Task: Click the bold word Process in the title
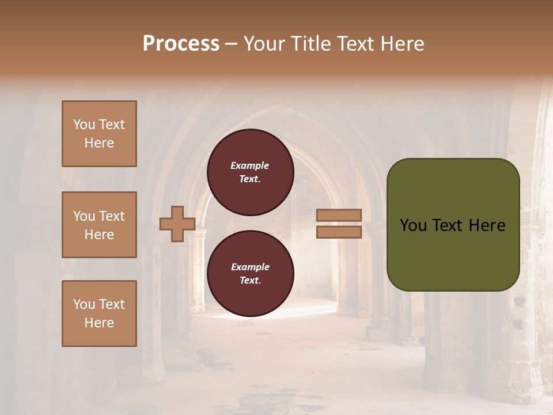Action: [181, 44]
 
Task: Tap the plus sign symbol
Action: [177, 224]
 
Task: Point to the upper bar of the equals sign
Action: [339, 215]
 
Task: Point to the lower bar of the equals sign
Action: [339, 232]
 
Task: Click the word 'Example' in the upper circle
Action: [250, 165]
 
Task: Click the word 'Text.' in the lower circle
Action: [250, 280]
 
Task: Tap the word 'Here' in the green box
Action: [487, 225]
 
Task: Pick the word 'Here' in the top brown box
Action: [99, 143]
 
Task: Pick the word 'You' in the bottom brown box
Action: [84, 304]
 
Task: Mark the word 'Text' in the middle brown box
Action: [112, 216]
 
